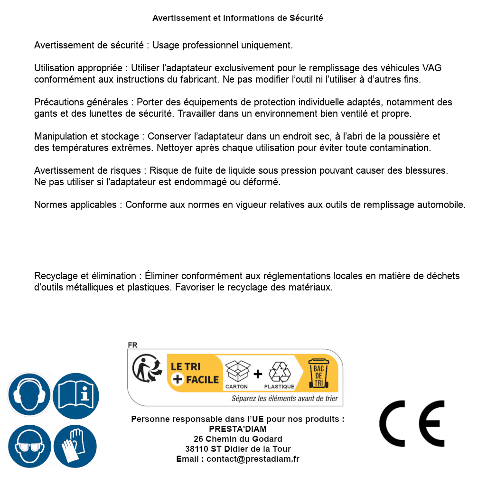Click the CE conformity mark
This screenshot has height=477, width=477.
[x=412, y=424]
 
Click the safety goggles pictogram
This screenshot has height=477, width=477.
[x=29, y=446]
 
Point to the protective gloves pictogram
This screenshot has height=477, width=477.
[x=75, y=446]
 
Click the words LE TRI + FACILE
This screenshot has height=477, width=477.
[x=195, y=373]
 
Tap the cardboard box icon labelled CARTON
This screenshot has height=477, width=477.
[x=237, y=371]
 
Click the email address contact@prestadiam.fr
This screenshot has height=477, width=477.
[x=253, y=459]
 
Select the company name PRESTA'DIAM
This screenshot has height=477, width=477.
[x=237, y=429]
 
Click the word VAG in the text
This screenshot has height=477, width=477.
[x=432, y=68]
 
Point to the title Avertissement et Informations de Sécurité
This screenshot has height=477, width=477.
[x=238, y=18]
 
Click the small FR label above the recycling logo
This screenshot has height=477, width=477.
[x=132, y=345]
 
